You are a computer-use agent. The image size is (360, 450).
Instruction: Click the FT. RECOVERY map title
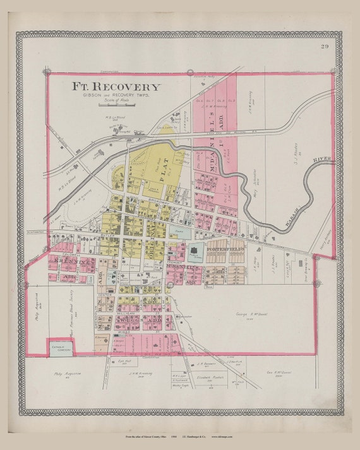[x=116, y=86]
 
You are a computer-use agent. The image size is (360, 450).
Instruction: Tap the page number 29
[x=324, y=46]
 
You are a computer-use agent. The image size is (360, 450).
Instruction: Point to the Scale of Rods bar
[x=116, y=104]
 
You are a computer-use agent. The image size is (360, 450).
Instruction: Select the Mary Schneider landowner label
[x=249, y=179]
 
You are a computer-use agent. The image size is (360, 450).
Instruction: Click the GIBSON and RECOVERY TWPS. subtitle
[x=116, y=97]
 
